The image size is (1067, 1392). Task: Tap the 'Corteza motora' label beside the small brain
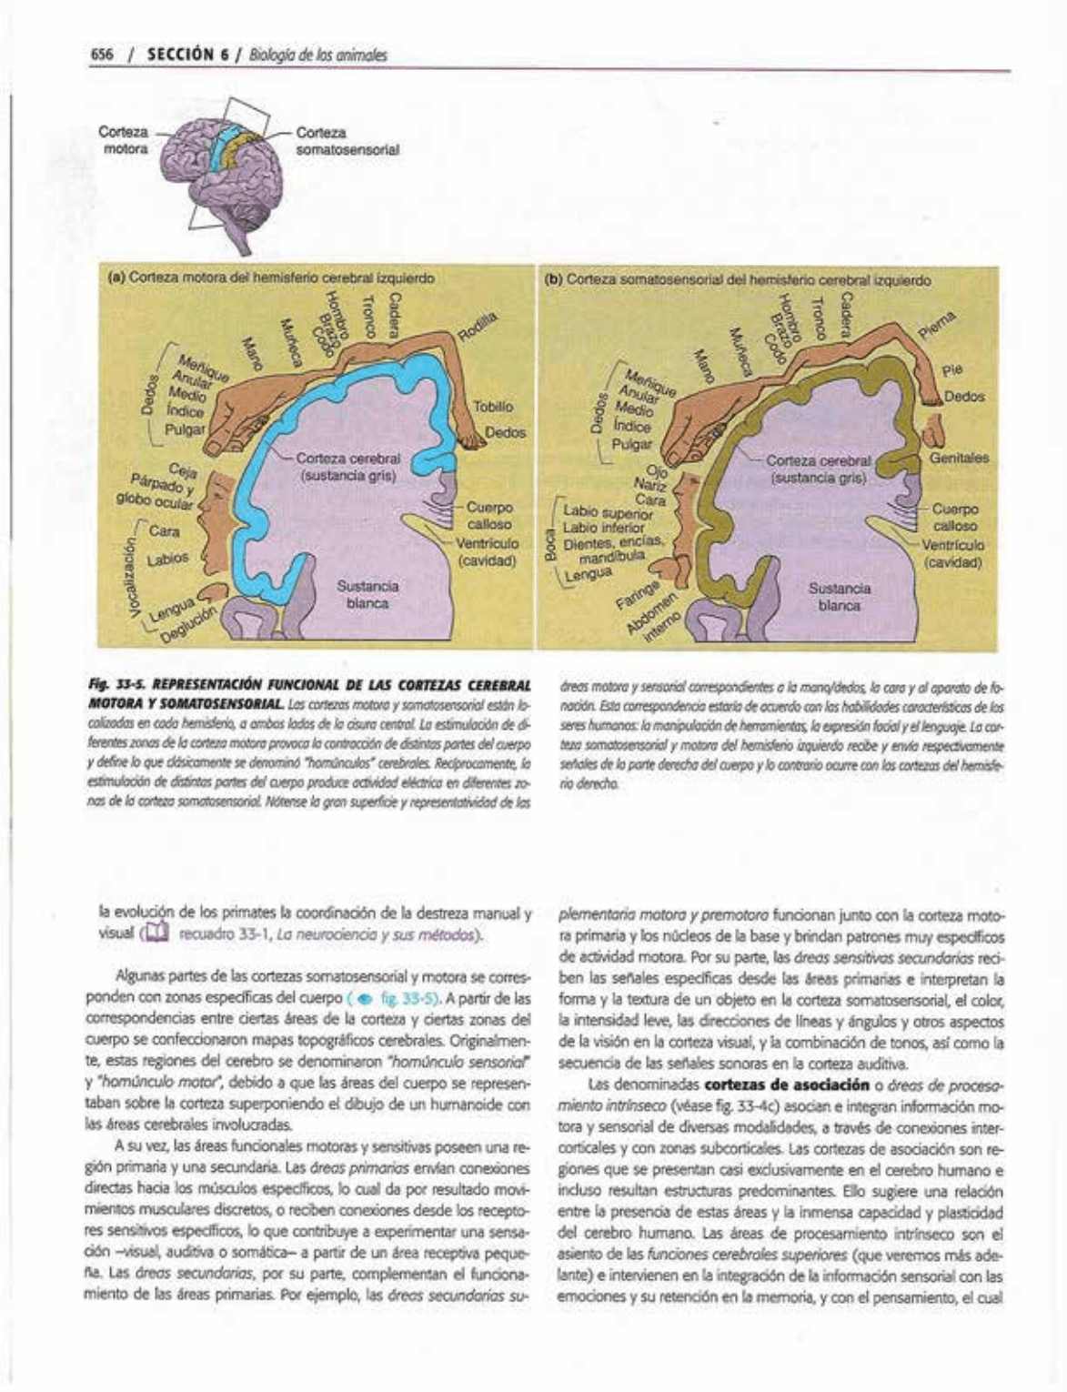(124, 140)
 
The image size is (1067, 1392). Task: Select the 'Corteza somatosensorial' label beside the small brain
(347, 140)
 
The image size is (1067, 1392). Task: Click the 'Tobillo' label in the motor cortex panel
(493, 407)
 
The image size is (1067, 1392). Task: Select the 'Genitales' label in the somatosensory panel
(959, 458)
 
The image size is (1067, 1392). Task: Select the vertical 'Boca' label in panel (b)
(549, 546)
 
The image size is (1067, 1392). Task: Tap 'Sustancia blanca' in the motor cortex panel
(367, 595)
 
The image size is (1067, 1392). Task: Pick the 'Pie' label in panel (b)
(951, 370)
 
